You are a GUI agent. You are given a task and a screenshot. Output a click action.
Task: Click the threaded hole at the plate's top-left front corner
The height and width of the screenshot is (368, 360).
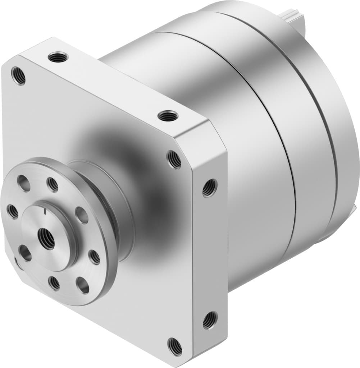click(18, 75)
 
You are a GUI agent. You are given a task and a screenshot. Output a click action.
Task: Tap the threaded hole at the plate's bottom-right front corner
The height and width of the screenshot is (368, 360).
click(175, 346)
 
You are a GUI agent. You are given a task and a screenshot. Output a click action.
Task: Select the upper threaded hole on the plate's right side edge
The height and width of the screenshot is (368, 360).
click(210, 188)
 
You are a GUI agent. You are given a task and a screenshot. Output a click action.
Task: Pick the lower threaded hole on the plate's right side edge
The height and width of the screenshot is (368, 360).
click(210, 320)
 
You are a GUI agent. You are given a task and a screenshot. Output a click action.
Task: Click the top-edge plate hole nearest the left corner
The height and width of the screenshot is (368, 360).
click(58, 57)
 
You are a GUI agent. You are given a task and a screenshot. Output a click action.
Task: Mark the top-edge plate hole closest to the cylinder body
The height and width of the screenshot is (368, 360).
click(168, 116)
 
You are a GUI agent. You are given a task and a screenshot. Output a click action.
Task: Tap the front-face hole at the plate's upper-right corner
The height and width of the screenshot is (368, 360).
click(174, 159)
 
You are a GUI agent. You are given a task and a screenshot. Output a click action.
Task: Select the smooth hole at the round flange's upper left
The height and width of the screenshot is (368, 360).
click(24, 183)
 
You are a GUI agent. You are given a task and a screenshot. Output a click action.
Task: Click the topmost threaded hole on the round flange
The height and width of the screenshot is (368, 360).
click(53, 185)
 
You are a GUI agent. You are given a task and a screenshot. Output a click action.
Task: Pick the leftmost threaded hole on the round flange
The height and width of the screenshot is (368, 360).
click(13, 211)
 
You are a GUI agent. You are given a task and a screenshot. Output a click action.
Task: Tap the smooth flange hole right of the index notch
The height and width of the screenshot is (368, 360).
click(82, 215)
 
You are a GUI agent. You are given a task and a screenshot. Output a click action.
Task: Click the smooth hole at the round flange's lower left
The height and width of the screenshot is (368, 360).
click(25, 253)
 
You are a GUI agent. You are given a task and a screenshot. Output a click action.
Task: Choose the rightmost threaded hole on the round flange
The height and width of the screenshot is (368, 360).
click(95, 257)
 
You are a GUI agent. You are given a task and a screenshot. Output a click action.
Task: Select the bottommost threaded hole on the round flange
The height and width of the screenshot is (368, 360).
click(54, 283)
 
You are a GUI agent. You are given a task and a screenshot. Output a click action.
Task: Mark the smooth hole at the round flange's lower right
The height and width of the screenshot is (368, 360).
click(83, 285)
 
